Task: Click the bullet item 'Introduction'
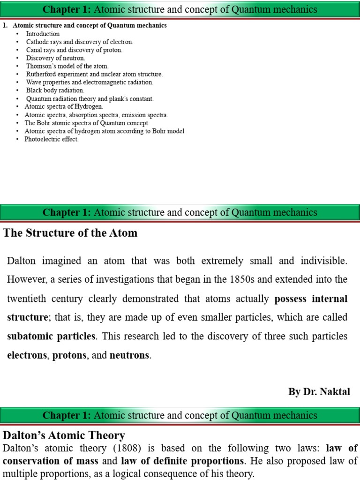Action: coord(43,34)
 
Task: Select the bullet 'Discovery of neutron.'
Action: coord(55,58)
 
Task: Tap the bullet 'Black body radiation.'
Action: coord(55,90)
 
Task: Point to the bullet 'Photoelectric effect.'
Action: coord(52,139)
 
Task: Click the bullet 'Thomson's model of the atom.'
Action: coord(67,66)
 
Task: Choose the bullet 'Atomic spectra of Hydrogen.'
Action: coord(64,106)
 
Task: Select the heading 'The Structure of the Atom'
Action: coord(71,233)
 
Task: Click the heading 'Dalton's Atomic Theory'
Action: coord(64,435)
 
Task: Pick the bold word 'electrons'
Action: coord(27,355)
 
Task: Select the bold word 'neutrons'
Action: coord(130,355)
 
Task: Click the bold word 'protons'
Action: coord(69,355)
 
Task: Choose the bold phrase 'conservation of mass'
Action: coord(50,460)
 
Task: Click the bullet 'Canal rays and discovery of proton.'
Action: coord(74,50)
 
